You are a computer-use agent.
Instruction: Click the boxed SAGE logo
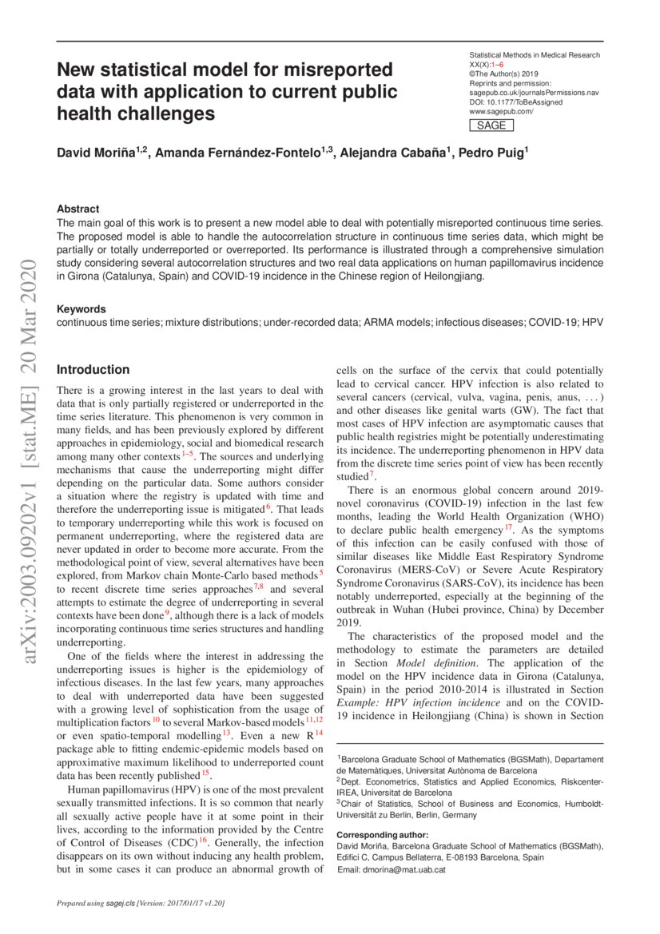(x=491, y=125)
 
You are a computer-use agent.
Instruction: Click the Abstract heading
(x=78, y=209)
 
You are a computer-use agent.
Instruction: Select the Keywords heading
(x=81, y=308)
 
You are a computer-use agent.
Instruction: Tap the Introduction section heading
(x=93, y=369)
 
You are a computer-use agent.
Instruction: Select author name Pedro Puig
(x=491, y=153)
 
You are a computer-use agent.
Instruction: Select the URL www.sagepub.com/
(x=501, y=112)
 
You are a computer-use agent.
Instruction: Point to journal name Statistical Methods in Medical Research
(x=535, y=55)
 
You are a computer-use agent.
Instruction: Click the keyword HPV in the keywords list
(x=593, y=322)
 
